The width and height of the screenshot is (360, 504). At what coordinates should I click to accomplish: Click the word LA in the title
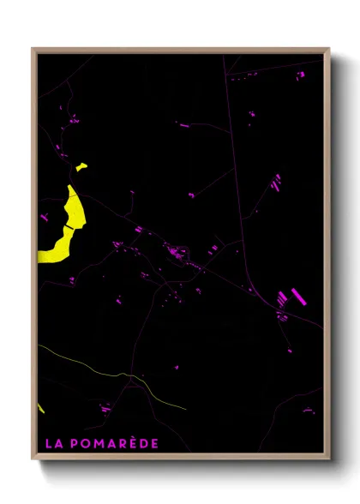[x=52, y=443]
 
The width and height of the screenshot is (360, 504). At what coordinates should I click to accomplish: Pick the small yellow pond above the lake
[x=81, y=167]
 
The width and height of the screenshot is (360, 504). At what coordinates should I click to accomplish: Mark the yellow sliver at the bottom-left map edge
[x=40, y=406]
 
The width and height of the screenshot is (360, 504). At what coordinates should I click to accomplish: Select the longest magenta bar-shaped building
[x=299, y=297]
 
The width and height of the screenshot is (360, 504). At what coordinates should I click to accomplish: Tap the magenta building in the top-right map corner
[x=301, y=75]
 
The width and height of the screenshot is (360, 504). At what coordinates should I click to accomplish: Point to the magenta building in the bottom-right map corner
[x=309, y=411]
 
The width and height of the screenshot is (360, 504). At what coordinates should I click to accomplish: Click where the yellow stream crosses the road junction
[x=130, y=375]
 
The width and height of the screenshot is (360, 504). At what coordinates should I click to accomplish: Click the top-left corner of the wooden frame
[x=33, y=49]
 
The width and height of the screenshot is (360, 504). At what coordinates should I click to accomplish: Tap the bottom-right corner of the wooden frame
[x=328, y=459]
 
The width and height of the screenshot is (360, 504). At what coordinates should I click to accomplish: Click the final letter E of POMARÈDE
[x=155, y=443]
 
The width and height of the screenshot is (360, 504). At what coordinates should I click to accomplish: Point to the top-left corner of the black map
[x=38, y=54]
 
